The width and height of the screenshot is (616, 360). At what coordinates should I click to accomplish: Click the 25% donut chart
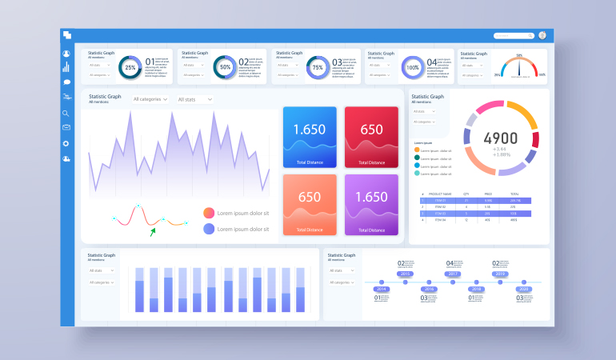130,67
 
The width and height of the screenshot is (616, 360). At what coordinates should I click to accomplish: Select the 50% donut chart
225,67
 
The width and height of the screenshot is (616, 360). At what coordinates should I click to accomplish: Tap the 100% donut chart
413,67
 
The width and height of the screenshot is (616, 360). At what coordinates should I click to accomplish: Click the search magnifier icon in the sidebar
66,114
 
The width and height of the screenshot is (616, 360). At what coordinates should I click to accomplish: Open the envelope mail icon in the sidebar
66,128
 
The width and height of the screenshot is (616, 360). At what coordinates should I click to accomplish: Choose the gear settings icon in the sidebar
66,143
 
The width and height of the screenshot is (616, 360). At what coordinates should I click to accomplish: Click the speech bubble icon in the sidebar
66,82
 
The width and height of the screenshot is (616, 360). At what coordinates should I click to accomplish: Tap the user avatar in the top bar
542,35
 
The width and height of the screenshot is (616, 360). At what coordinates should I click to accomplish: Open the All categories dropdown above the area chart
150,99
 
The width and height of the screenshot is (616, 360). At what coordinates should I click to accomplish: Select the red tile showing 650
371,137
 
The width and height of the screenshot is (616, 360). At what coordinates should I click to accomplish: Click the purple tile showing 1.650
371,205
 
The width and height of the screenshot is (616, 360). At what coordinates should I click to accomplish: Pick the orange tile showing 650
310,205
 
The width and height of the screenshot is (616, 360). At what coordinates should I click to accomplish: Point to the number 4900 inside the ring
501,138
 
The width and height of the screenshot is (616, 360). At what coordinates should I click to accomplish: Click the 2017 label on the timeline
453,274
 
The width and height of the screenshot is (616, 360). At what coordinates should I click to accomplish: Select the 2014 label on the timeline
382,289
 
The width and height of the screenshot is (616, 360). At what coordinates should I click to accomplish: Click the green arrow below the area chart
152,232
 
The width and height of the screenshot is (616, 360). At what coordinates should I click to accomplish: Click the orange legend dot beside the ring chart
417,150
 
